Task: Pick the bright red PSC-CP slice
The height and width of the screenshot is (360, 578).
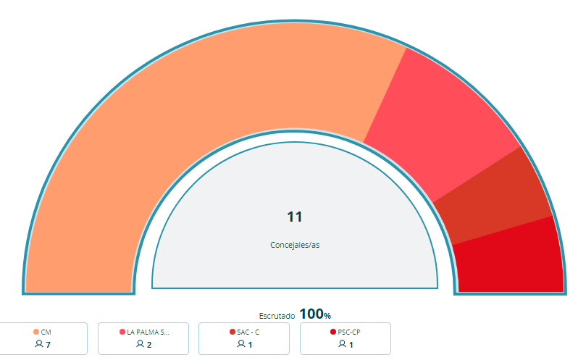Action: pos(511,257)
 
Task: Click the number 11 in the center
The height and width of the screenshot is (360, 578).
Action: pos(294,217)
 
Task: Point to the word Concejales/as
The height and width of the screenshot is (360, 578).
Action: pos(294,245)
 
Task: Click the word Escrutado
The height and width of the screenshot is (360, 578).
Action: pos(277,316)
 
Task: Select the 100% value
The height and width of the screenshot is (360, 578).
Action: pos(314,314)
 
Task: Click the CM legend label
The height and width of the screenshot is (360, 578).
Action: pos(46,332)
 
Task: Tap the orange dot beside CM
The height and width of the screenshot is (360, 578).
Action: pos(36,332)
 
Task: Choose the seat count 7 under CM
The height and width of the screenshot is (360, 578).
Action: pos(48,344)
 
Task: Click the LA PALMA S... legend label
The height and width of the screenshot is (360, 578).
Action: pos(148,332)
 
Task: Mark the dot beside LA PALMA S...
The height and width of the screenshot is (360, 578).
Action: pos(122,332)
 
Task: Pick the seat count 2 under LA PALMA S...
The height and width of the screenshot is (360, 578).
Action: pos(149,344)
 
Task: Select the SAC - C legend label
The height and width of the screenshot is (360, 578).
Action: pos(248,332)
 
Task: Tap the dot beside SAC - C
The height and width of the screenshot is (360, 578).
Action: pos(232,332)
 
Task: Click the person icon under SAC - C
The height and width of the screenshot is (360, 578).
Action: pos(241,344)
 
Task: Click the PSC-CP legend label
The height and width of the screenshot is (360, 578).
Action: pos(349,332)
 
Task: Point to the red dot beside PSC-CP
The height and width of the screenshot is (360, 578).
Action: pos(333,332)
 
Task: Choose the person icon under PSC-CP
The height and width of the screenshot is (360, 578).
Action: pos(342,344)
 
